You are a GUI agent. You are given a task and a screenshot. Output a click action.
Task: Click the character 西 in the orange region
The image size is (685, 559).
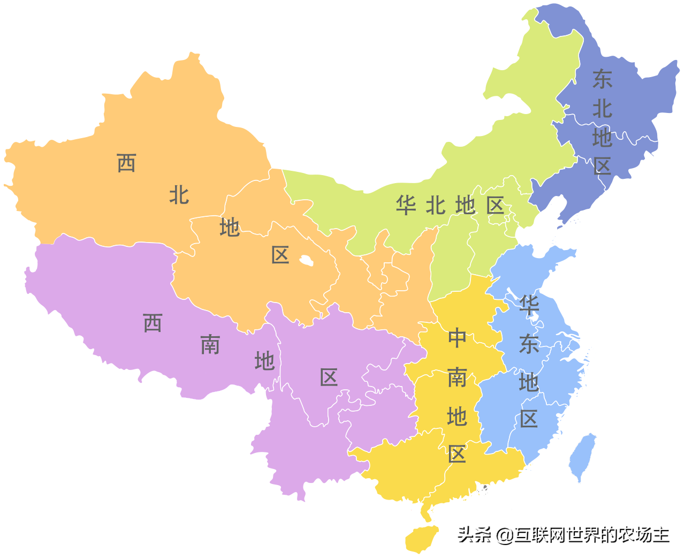126,163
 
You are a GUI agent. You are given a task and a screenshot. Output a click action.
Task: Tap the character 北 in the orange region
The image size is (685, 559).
179,195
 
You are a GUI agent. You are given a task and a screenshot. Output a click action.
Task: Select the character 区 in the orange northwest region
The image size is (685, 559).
280,255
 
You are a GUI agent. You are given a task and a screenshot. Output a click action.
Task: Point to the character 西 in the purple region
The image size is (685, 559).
153,323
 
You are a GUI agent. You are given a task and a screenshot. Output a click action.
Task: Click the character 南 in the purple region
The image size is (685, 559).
210,345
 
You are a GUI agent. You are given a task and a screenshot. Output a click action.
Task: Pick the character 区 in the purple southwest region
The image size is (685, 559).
329,377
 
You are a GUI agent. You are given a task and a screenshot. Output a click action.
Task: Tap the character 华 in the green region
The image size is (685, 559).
406,205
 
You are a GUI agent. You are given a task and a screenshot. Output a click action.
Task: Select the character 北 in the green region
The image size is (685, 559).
436,205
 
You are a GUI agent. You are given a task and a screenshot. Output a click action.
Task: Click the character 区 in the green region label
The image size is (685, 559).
496,205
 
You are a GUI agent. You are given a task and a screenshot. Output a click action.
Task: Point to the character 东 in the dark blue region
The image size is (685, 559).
602,79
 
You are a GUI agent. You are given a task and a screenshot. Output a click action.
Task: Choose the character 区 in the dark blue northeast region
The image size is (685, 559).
602,167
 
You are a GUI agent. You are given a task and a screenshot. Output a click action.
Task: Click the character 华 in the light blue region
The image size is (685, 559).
529,306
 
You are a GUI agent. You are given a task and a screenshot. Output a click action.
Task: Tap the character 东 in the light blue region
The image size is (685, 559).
529,344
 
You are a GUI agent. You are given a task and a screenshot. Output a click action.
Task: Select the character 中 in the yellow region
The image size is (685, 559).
457,338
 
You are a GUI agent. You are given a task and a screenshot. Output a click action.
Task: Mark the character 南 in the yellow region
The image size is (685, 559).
457,377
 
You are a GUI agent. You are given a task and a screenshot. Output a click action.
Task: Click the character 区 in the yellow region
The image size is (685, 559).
457,454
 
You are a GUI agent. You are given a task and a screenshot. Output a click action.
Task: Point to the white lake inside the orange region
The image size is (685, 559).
306,261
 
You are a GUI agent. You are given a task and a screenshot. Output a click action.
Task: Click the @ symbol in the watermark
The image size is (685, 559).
504,535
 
